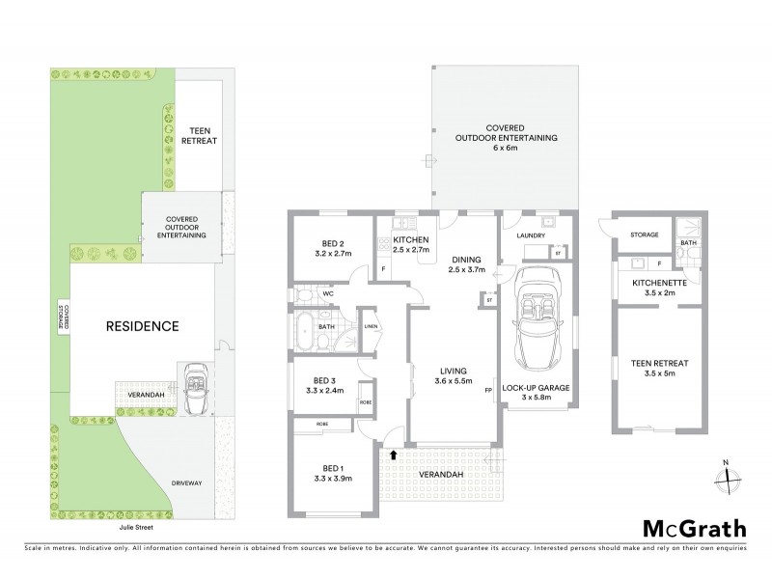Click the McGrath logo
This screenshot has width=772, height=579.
694,528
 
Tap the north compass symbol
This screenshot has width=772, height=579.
731,475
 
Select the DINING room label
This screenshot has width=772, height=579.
466,264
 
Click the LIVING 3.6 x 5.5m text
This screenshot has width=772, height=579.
453,376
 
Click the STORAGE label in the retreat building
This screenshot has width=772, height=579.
644,234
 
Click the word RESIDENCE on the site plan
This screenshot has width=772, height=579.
143,326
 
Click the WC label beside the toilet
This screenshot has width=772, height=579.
329,291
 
